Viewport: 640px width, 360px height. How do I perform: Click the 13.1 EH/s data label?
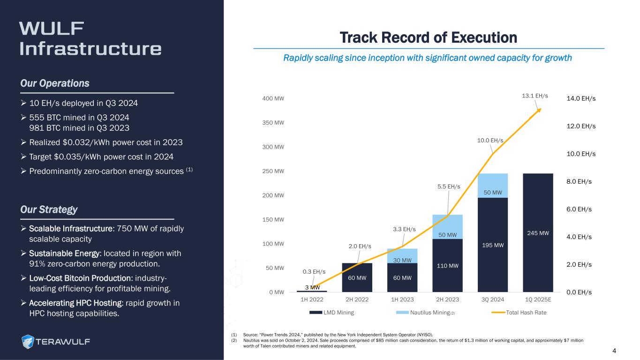pos(535,96)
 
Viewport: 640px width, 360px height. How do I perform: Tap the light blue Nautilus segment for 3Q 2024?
pos(492,186)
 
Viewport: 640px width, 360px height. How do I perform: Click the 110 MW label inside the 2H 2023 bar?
pos(447,266)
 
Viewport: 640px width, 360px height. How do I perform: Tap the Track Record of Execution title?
pos(428,37)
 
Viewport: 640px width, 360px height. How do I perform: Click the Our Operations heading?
pos(54,83)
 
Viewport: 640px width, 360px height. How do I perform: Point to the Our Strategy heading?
pos(49,210)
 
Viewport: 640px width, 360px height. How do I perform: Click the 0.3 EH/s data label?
pos(314,272)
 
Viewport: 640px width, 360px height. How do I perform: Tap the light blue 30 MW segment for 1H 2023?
pos(402,256)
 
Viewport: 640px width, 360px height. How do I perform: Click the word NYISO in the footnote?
pos(421,335)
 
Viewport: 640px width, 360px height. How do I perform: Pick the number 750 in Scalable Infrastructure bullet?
pos(124,228)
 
